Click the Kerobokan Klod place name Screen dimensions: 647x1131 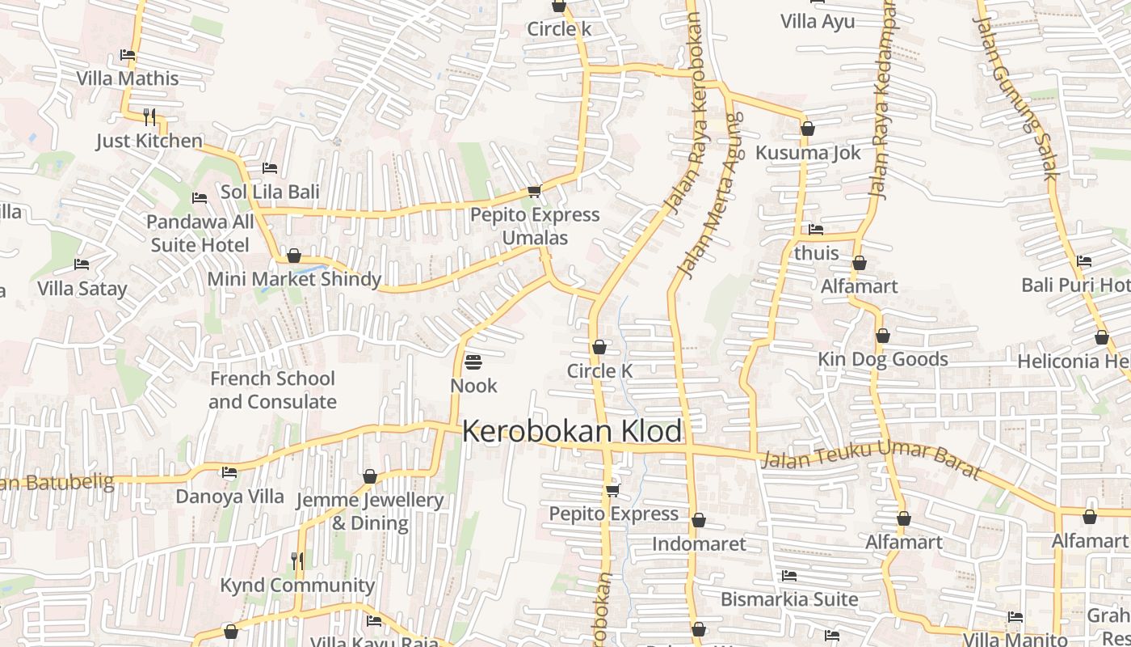572,431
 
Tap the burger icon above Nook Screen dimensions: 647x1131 473,362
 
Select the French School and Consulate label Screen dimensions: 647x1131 272,390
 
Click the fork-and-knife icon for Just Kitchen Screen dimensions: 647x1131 149,117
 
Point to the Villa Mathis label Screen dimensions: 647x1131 128,78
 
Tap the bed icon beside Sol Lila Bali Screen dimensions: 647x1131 270,168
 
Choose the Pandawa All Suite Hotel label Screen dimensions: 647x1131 200,233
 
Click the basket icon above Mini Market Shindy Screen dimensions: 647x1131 294,256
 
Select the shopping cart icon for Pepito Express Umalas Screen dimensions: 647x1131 534,192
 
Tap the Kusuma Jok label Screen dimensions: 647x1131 808,153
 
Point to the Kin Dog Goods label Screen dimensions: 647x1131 883,359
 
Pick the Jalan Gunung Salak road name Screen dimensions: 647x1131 1015,89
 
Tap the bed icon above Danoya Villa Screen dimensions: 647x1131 229,472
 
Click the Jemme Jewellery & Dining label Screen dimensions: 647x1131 370,511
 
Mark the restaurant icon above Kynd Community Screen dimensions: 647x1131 297,560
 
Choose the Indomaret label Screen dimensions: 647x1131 699,543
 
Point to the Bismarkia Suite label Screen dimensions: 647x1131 789,599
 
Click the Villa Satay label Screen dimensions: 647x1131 82,289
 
